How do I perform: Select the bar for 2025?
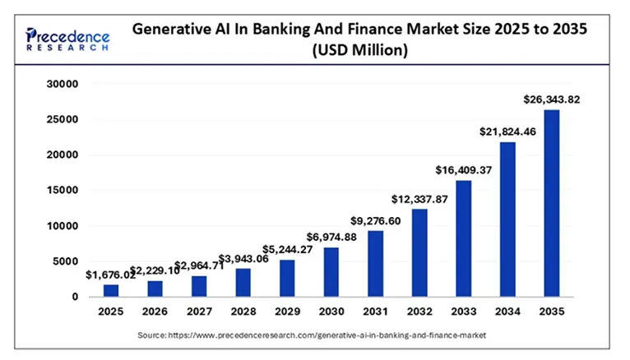pyautogui.click(x=111, y=290)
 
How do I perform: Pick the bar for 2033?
pyautogui.click(x=463, y=238)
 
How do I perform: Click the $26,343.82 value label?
pyautogui.click(x=552, y=99)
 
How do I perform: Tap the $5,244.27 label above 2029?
pyautogui.click(x=287, y=249)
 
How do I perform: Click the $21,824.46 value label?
pyautogui.click(x=507, y=132)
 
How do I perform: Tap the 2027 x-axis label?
pyautogui.click(x=199, y=312)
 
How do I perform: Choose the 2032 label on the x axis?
pyautogui.click(x=419, y=312)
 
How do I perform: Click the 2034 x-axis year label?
pyautogui.click(x=507, y=312)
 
